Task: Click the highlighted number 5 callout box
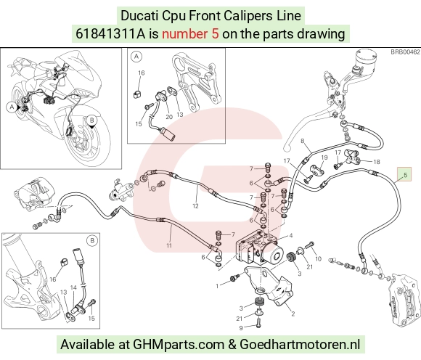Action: point(404,174)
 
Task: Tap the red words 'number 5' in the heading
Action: point(190,34)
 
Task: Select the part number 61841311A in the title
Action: point(110,34)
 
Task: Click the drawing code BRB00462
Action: point(405,52)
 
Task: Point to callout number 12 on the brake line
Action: point(195,206)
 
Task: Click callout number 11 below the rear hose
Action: point(169,245)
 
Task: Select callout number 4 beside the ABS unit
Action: point(291,236)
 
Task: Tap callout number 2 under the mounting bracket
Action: point(293,314)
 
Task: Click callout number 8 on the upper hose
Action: point(303,141)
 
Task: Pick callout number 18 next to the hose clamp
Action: point(377,162)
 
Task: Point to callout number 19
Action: point(324,157)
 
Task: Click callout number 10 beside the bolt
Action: point(318,259)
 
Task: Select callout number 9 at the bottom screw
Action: point(241,328)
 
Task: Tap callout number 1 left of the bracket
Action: point(218,286)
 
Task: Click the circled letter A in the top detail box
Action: point(136,57)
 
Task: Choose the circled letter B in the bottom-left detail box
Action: point(92,240)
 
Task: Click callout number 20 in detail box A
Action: point(169,117)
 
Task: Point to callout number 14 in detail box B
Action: point(73,288)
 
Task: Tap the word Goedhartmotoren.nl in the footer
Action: point(299,345)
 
